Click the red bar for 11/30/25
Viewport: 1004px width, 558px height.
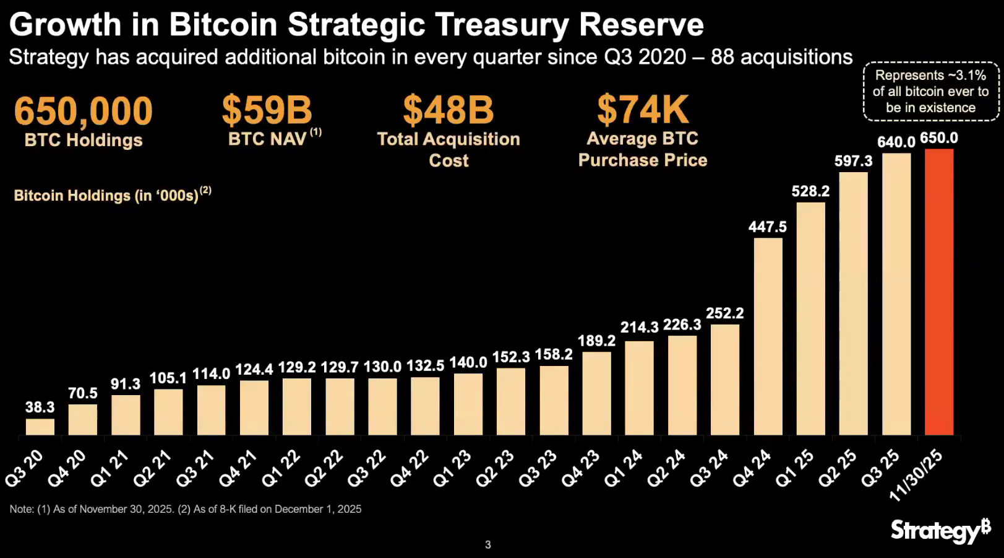click(939, 292)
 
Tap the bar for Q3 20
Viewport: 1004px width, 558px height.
click(40, 427)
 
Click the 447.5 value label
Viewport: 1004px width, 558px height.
click(768, 227)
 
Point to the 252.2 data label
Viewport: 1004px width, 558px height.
click(725, 313)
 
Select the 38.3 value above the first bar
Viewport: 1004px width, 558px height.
click(40, 408)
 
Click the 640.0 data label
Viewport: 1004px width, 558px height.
click(896, 142)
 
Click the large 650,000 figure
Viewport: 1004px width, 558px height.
click(84, 111)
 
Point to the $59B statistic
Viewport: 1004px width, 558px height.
click(267, 110)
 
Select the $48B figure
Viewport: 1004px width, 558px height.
click(448, 110)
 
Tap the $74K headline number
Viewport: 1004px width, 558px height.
click(643, 110)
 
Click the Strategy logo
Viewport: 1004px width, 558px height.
click(940, 531)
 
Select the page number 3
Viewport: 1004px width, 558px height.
click(488, 545)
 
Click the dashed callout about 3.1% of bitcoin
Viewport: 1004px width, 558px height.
click(930, 91)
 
